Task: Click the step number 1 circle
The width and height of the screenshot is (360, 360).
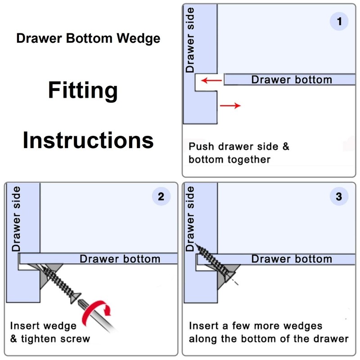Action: click(339, 21)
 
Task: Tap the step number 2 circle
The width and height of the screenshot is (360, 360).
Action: click(161, 197)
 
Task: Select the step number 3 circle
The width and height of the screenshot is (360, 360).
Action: click(339, 197)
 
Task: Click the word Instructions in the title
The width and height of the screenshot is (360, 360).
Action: click(88, 140)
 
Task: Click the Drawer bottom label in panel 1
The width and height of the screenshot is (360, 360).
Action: click(291, 80)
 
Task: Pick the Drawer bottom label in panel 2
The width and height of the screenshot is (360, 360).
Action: click(120, 259)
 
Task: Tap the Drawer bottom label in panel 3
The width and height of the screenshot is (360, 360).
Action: click(291, 259)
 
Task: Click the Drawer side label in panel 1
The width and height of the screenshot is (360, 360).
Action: click(190, 40)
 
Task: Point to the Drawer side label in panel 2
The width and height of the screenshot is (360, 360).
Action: click(17, 219)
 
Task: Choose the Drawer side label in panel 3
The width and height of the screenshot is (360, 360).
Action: click(190, 219)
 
